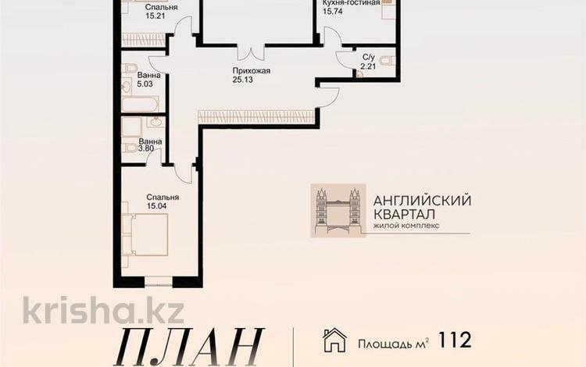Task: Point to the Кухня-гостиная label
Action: pyautogui.click(x=351, y=3)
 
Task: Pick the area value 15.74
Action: pyautogui.click(x=333, y=12)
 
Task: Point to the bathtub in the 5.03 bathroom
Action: pyautogui.click(x=141, y=104)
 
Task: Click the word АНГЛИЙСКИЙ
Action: pyautogui.click(x=422, y=199)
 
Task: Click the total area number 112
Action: pyautogui.click(x=454, y=340)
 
